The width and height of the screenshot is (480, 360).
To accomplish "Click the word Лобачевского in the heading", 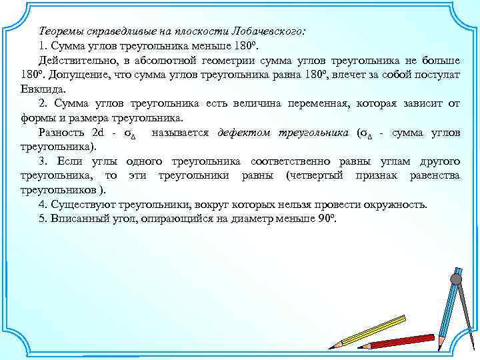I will pyautogui.click(x=267, y=31).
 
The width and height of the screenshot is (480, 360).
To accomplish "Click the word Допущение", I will pyautogui.click(x=72, y=75).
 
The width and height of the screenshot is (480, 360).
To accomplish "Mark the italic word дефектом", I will pyautogui.click(x=244, y=133).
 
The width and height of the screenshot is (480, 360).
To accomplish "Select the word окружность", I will pyautogui.click(x=393, y=205).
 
